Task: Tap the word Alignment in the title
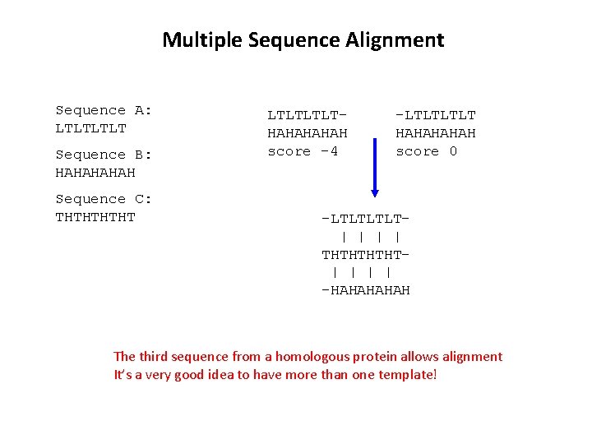[396, 39]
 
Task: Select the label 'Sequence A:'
[104, 110]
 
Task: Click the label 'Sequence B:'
[104, 155]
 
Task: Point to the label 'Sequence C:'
[104, 199]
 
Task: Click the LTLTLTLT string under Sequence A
[91, 128]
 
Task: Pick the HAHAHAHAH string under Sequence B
[95, 173]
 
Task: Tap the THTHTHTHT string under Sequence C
[95, 217]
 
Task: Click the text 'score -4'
[303, 151]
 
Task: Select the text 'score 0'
[427, 151]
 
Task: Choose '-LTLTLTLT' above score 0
[436, 115]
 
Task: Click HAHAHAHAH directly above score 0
[436, 133]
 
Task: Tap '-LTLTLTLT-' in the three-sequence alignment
[366, 219]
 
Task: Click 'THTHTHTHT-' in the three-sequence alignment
[366, 255]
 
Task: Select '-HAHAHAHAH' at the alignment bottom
[366, 290]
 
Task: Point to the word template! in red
[408, 374]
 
